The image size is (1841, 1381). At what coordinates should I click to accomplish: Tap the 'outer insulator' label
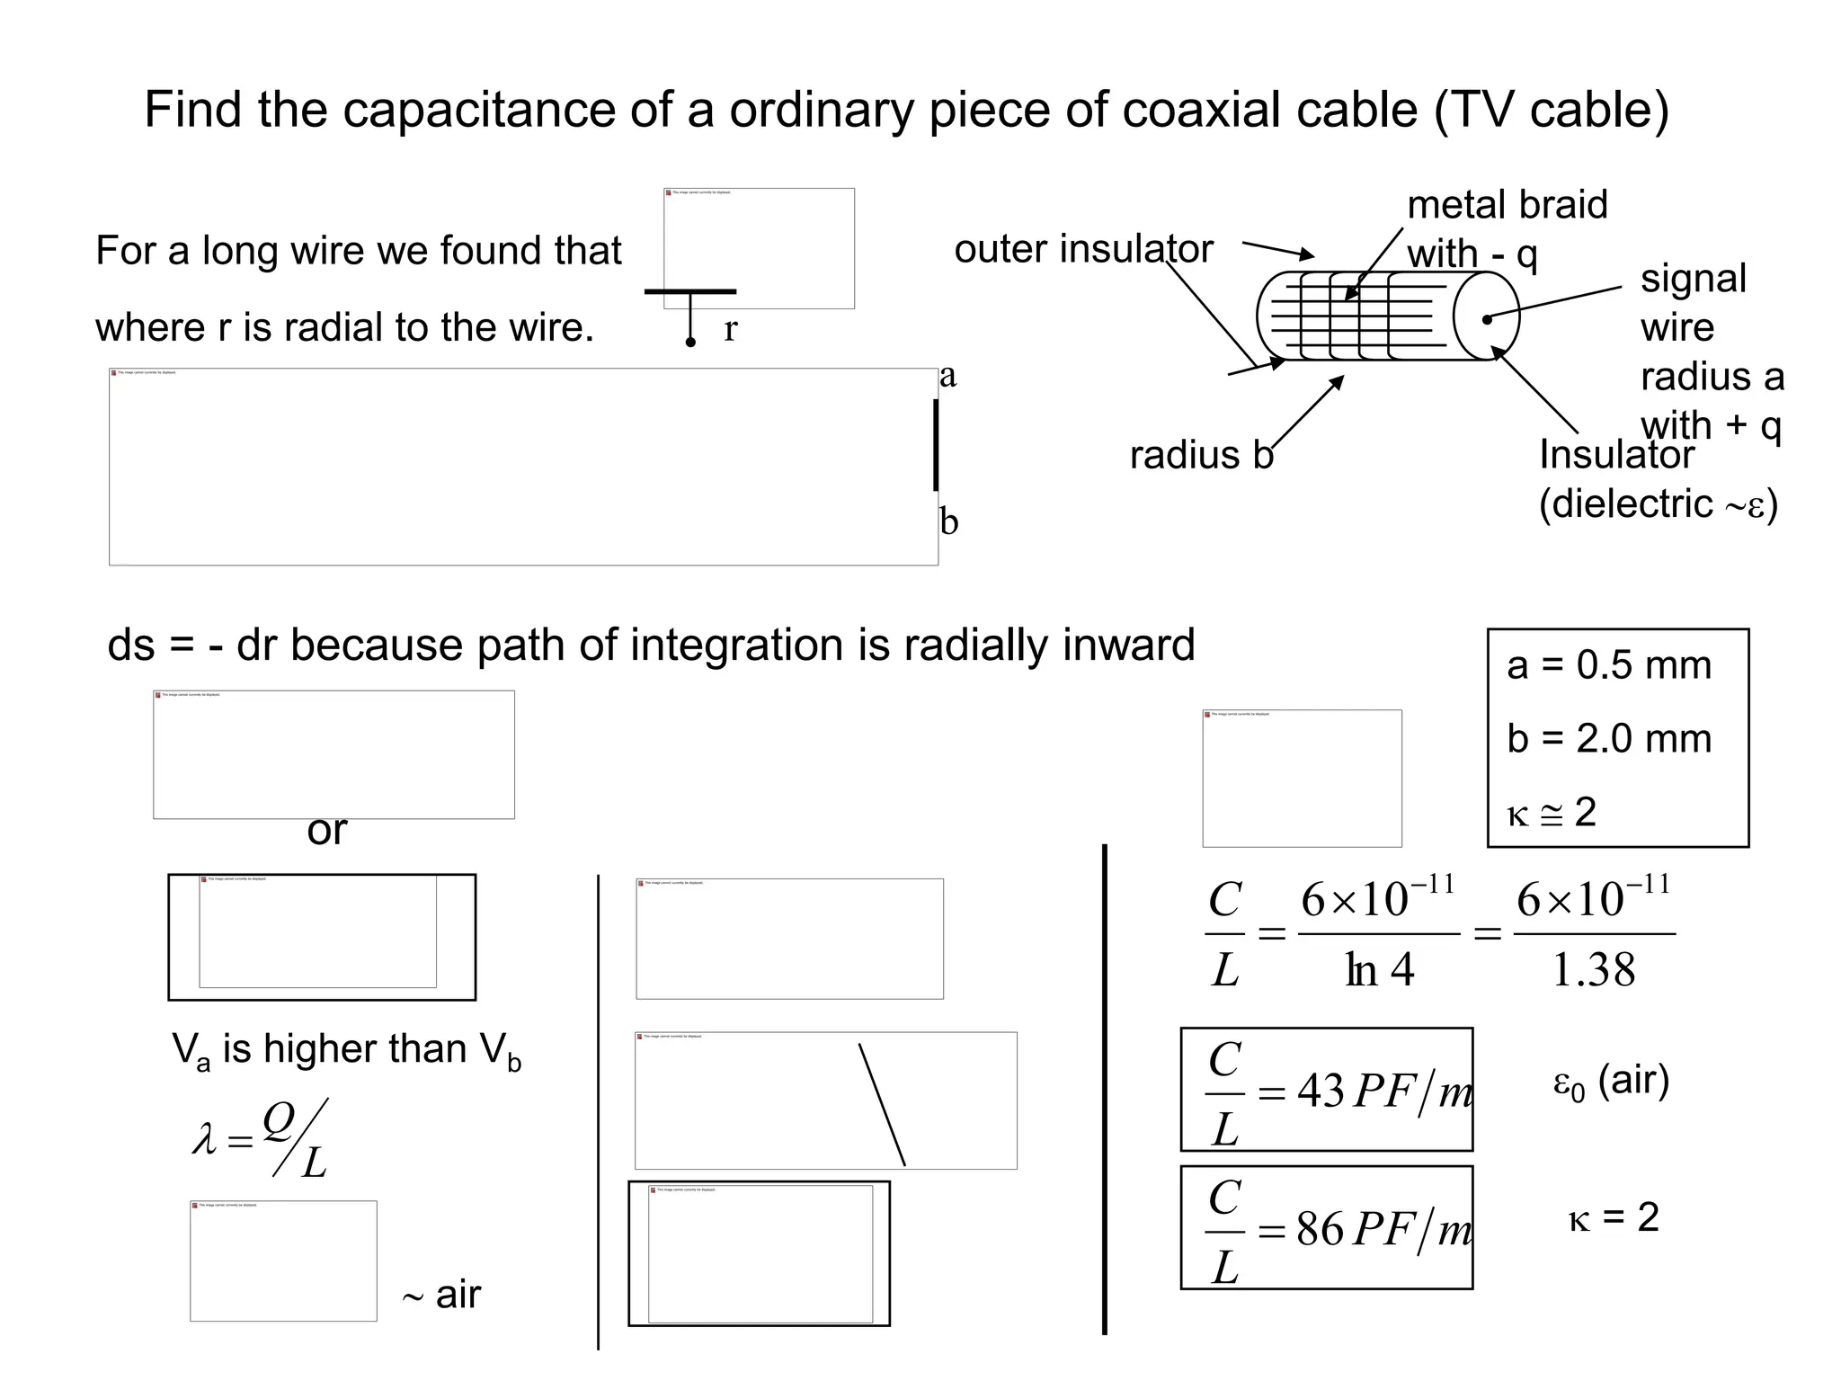(1083, 249)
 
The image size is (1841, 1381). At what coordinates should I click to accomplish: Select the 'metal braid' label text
(1507, 205)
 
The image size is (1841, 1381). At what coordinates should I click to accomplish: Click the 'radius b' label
(1201, 455)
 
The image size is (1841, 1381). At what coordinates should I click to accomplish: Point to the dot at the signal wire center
(1487, 319)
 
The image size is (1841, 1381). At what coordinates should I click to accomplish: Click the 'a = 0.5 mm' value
(1609, 665)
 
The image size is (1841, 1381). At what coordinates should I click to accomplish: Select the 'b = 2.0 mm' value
(1609, 739)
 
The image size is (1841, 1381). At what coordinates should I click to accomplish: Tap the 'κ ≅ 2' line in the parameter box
(1552, 813)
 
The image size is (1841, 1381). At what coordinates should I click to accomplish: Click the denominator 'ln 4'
(1379, 970)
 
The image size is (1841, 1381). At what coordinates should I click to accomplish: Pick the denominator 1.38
(1594, 970)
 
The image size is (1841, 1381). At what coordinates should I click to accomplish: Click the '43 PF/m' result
(1384, 1091)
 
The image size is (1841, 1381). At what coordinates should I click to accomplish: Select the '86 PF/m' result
(1384, 1229)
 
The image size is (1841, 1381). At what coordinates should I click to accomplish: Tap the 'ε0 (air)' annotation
(1611, 1081)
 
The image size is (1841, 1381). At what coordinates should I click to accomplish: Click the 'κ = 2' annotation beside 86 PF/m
(1614, 1218)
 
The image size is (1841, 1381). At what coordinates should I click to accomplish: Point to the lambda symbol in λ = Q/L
(205, 1139)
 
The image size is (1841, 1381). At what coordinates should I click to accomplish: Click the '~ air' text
(441, 1296)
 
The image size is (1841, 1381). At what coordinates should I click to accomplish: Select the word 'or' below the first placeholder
(326, 831)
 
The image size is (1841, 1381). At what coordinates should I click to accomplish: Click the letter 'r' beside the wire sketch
(730, 330)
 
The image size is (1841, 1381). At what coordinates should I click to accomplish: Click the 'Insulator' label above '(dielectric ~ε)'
(1615, 455)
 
